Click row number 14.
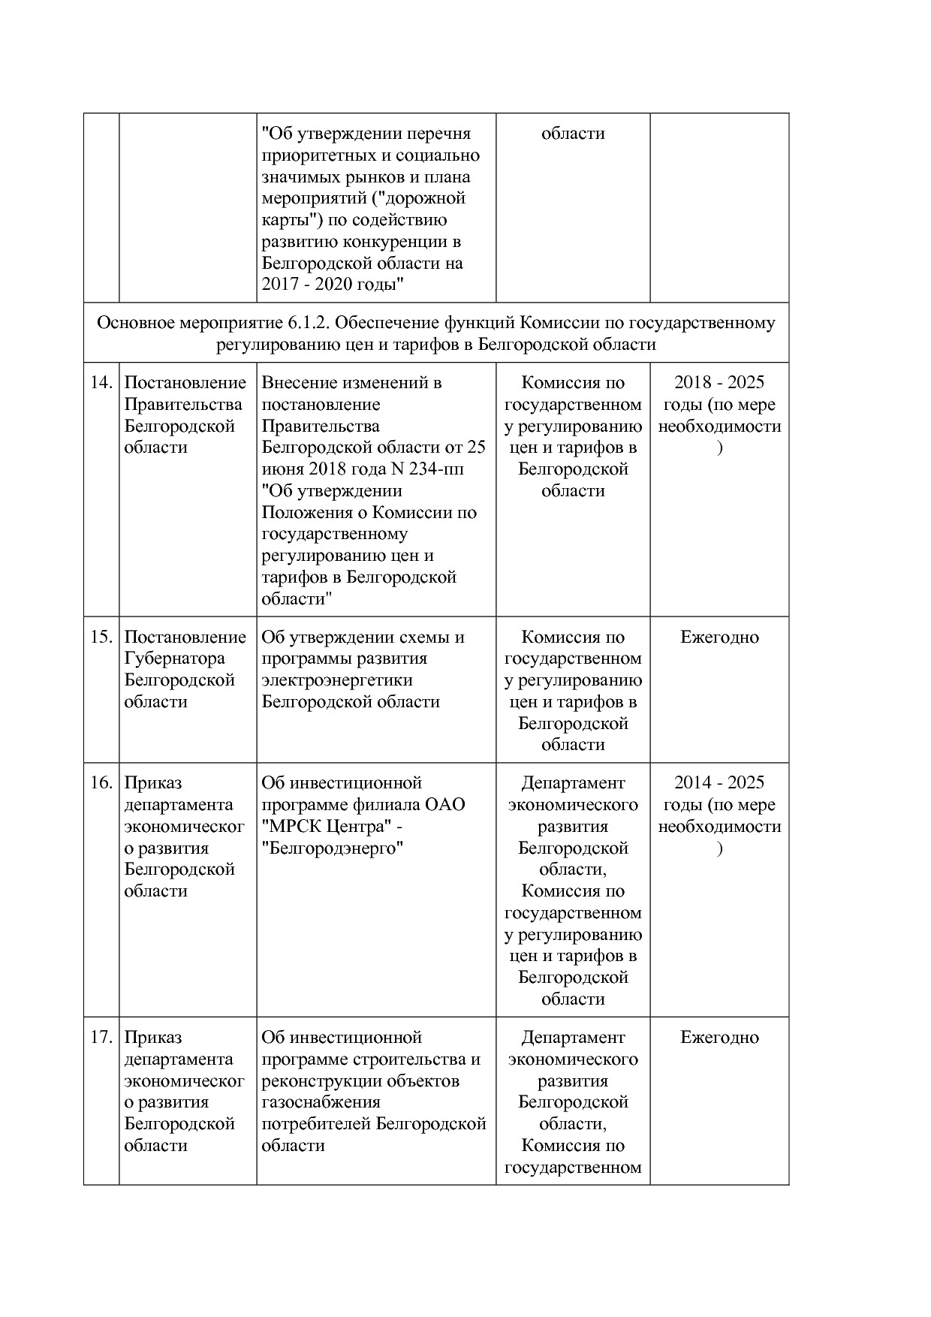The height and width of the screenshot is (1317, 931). tap(101, 383)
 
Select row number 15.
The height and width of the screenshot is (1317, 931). tap(101, 637)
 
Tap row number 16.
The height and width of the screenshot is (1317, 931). tap(101, 783)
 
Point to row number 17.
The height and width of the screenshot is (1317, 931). tap(101, 1038)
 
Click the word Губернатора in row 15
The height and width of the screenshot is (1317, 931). tap(174, 658)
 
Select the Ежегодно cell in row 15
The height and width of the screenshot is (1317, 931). tap(719, 637)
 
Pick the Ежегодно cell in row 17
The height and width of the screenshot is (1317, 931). tap(719, 1038)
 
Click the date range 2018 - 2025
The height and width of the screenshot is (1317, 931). tap(719, 383)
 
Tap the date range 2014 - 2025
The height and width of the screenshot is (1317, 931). tap(719, 783)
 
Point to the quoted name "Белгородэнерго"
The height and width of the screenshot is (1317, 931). tap(333, 848)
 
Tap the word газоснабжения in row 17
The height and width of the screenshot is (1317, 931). tap(321, 1102)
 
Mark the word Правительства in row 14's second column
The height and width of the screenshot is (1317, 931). tap(183, 405)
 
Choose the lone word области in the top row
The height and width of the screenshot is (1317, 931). tap(573, 134)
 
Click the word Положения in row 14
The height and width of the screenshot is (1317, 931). tap(305, 513)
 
